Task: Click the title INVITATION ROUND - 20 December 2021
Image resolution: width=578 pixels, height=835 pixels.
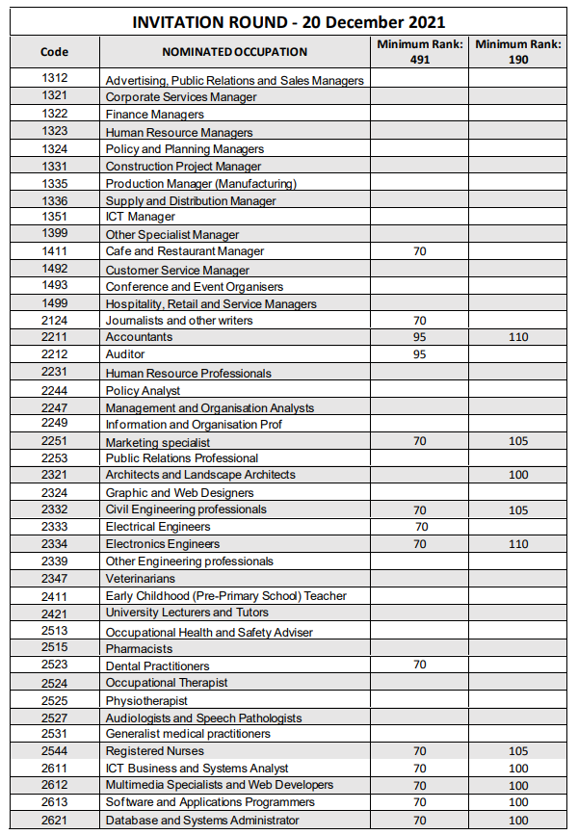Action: coord(288,22)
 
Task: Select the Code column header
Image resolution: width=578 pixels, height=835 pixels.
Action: coord(55,52)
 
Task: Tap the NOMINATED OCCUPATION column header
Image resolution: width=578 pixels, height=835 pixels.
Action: coord(234,52)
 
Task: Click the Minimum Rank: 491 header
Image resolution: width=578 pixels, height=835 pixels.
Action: coord(419,52)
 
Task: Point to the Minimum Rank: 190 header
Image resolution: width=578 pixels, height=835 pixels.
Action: coord(518,52)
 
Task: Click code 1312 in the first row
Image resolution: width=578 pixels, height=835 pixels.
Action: coord(55,78)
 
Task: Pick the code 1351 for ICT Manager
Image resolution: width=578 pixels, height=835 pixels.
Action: coord(55,217)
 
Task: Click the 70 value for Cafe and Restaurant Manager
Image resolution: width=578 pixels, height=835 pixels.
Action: coord(419,251)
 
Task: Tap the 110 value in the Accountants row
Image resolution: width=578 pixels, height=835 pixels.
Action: coord(518,337)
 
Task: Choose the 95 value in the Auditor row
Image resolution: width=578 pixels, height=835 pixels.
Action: coord(419,354)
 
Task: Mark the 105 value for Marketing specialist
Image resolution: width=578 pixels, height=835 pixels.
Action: coord(518,441)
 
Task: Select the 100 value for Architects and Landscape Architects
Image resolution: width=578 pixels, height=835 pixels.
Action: coord(518,475)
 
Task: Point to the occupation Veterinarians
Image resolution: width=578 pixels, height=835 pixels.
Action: coord(141,579)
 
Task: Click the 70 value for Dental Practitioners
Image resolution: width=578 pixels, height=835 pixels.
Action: coord(419,665)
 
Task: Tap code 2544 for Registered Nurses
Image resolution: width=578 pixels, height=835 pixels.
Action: coord(55,750)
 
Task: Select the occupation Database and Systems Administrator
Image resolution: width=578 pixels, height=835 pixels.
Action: coord(202,821)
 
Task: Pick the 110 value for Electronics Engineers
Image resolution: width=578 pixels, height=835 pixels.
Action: coord(518,544)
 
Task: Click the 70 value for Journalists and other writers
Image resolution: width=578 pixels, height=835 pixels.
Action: coord(419,321)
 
